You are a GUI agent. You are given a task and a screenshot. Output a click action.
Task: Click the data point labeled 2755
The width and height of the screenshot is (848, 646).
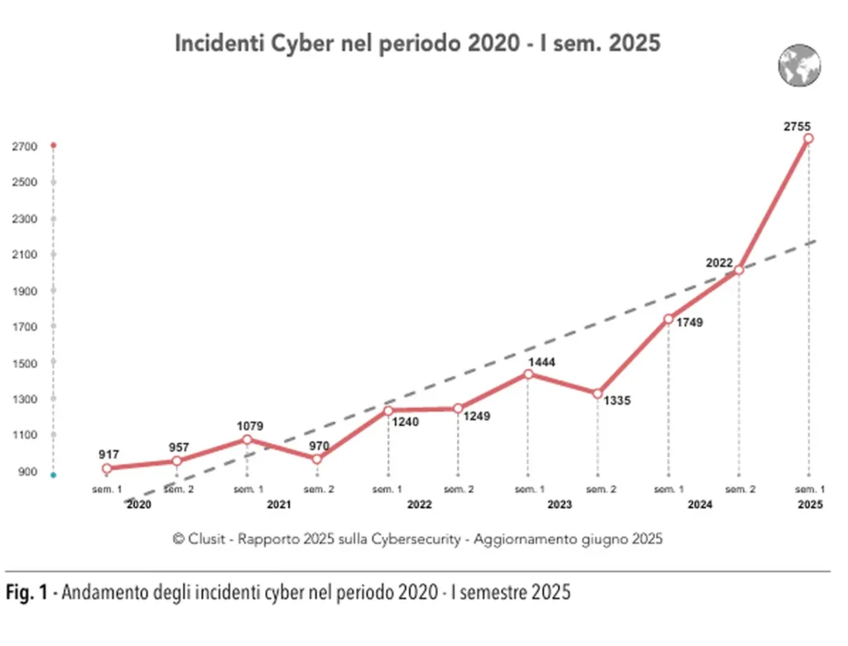tap(808, 138)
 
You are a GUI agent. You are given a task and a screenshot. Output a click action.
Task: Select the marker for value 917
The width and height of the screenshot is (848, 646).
tap(107, 469)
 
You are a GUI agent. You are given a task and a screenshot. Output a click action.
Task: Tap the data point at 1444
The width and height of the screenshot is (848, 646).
tap(528, 374)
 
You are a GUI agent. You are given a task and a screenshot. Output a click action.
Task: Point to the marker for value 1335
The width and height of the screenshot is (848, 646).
tap(597, 393)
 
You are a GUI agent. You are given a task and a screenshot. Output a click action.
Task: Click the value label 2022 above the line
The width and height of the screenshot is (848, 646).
tap(719, 263)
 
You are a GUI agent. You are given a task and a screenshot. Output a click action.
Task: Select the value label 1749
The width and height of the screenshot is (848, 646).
tap(689, 322)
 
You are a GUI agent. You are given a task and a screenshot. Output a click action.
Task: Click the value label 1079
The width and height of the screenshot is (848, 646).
tap(249, 427)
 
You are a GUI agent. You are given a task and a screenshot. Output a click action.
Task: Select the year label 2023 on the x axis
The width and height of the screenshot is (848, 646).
tap(560, 504)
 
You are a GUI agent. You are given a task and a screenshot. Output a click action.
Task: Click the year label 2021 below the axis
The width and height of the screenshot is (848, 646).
tap(278, 504)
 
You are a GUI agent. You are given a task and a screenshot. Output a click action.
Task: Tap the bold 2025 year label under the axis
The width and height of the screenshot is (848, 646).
tap(811, 504)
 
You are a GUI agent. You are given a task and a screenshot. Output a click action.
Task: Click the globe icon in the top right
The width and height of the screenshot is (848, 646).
tap(798, 65)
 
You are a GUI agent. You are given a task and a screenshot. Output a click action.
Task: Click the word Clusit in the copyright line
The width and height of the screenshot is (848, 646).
tap(209, 538)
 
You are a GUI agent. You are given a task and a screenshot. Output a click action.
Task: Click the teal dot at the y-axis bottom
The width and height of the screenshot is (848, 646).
tap(53, 475)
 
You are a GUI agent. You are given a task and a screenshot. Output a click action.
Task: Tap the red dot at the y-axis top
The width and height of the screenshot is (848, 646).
tap(53, 146)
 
